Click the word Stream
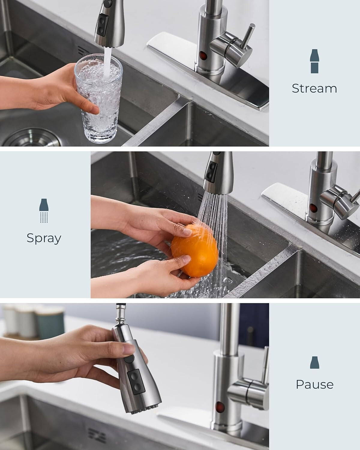[314, 88]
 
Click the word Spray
[44, 238]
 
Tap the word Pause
[314, 384]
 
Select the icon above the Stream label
[314, 61]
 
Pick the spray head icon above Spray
[44, 210]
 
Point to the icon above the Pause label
[314, 362]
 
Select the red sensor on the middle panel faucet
[313, 208]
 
